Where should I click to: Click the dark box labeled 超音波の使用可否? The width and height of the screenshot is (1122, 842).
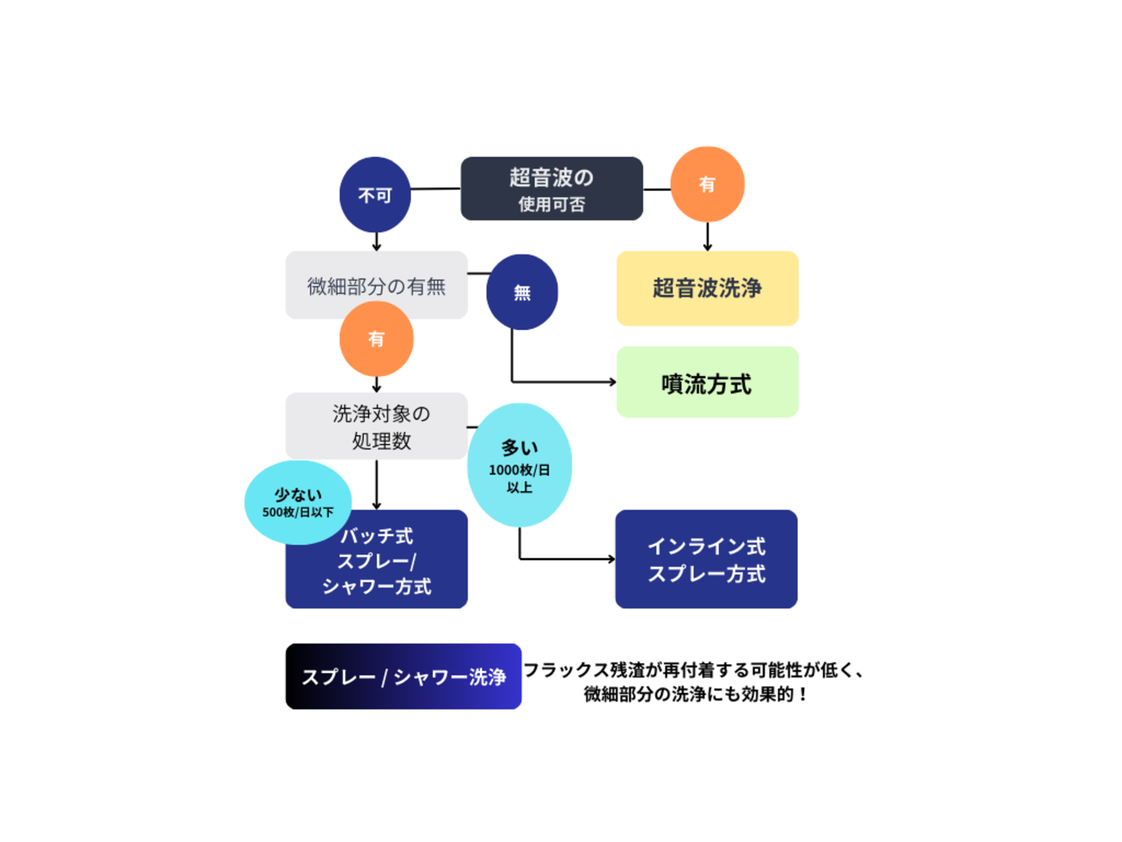coord(552,188)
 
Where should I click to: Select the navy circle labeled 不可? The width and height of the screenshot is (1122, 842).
coord(375,195)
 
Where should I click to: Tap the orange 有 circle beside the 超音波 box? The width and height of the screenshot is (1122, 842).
coord(707,184)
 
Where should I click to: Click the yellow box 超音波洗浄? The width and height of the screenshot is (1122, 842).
coord(707,288)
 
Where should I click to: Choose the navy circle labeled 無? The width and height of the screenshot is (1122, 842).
coord(522,292)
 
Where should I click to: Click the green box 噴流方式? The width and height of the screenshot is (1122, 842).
coord(707,382)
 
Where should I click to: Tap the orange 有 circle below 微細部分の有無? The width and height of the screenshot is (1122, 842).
coord(376,339)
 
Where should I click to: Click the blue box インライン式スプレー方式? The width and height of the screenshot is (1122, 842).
coord(706,559)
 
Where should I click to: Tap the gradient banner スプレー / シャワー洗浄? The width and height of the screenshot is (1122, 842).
coord(403,677)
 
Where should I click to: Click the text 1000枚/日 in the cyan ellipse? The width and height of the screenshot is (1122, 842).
coord(519,470)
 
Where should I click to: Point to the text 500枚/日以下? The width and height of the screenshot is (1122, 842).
coord(297,512)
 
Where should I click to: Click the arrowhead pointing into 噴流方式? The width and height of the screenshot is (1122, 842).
coord(612,382)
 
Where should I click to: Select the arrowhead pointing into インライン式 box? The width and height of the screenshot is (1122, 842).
coord(611,559)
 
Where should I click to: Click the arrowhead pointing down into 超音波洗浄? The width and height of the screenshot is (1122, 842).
coord(707,247)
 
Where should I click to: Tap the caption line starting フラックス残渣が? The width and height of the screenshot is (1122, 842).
coord(694,670)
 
